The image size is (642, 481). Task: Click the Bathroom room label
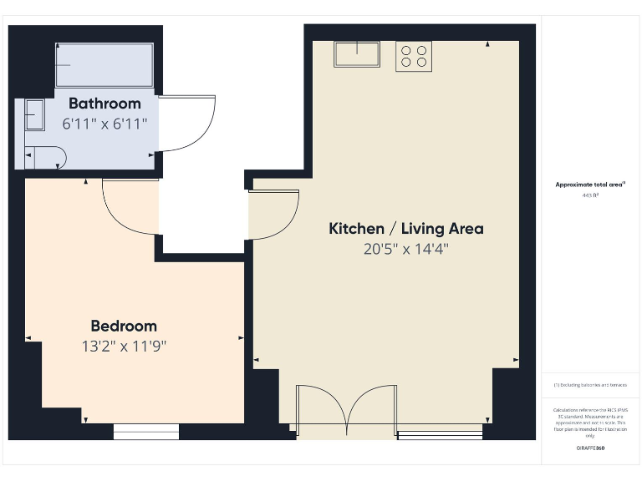click(x=104, y=104)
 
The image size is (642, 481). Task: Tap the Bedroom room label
click(x=124, y=326)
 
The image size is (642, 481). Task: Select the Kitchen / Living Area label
click(x=406, y=228)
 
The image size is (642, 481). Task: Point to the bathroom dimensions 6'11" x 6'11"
click(x=104, y=124)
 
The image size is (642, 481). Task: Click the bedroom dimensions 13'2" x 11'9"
click(x=124, y=346)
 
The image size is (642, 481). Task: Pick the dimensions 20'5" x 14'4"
click(x=406, y=249)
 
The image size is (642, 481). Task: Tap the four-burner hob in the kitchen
click(x=413, y=56)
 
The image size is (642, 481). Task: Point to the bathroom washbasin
click(x=34, y=114)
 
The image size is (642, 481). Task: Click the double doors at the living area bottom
click(x=347, y=410)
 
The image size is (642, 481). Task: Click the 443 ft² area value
click(x=590, y=195)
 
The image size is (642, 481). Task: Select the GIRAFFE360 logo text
click(x=590, y=448)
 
